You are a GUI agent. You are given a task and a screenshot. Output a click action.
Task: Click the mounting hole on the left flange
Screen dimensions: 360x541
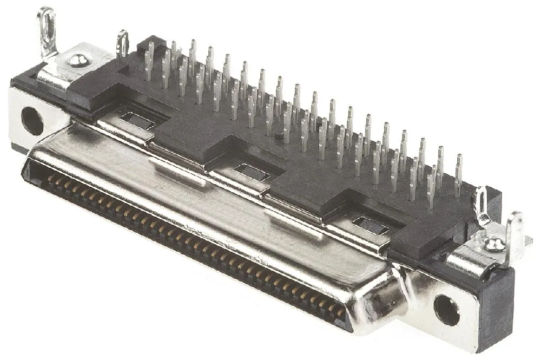pos(32,121)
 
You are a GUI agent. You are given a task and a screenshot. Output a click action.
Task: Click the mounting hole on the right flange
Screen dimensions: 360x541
pos(447,310)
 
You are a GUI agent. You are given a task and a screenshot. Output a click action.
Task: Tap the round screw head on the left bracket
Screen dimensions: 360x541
pos(78,60)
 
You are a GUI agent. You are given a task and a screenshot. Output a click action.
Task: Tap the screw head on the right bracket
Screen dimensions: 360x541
pos(494,245)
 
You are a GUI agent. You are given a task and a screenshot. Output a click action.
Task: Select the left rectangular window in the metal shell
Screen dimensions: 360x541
pos(137,121)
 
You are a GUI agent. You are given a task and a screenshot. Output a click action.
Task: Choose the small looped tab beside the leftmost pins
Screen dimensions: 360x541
pos(123,43)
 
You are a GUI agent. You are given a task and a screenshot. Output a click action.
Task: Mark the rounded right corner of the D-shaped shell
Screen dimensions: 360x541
pos(379,303)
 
